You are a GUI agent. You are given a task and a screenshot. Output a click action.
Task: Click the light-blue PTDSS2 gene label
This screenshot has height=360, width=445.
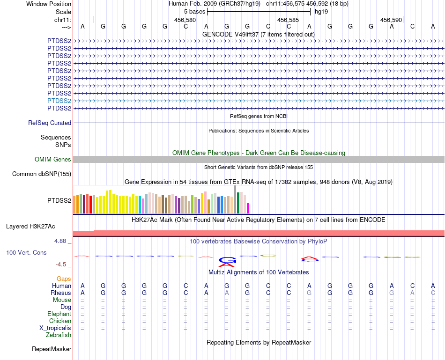(x=59, y=101)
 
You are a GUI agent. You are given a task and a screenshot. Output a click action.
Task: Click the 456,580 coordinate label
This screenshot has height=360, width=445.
(x=185, y=20)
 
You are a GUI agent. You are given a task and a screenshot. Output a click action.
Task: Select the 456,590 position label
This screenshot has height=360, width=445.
(x=391, y=20)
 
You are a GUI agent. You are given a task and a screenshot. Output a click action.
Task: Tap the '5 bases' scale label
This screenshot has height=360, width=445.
(x=194, y=11)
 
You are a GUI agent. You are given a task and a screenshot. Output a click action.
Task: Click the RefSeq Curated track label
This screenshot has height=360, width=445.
(x=50, y=123)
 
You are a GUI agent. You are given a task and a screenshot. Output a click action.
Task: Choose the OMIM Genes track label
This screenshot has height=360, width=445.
(x=53, y=160)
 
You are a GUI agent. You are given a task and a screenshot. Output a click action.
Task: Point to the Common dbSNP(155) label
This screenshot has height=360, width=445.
(x=42, y=174)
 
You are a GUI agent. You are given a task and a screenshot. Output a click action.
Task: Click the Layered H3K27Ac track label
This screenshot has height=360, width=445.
(x=30, y=227)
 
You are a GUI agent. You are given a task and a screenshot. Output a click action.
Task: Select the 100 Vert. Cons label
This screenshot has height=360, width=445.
(x=26, y=252)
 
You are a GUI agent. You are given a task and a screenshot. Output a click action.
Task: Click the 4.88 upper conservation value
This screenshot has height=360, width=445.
(x=60, y=241)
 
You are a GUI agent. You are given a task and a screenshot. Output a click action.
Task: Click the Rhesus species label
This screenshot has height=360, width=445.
(x=61, y=293)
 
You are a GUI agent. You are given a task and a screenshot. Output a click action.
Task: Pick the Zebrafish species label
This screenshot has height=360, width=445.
(x=59, y=335)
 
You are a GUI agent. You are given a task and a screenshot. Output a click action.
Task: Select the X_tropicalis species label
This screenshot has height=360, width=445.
(x=55, y=328)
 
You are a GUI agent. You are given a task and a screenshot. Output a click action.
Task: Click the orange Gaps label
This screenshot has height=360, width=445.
(x=64, y=279)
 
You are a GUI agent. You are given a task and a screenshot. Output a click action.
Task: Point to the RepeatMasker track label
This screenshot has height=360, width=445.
(x=52, y=349)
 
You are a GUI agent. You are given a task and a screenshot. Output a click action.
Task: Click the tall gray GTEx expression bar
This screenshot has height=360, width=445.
(x=235, y=199)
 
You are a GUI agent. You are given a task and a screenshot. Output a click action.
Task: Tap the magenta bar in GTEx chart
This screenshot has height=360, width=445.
(x=248, y=208)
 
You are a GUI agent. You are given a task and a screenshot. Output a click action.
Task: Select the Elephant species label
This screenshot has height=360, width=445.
(x=59, y=314)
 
